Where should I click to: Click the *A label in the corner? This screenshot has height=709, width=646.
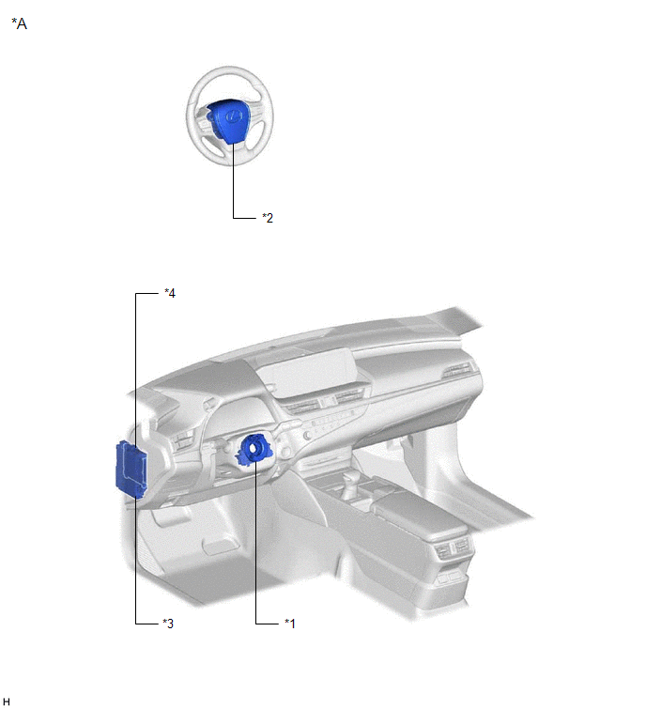pos(19,23)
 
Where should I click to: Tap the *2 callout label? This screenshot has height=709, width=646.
pos(268,218)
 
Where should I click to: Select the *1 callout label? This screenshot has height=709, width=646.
pos(290,624)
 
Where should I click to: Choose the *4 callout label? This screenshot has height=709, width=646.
pos(170,293)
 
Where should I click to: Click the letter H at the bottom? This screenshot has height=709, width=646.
pos(6,701)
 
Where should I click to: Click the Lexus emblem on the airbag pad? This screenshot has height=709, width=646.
pos(233,116)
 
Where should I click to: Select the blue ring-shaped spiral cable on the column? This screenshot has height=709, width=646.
pos(254,449)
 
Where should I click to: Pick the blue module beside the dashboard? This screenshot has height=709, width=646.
pos(131,470)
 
